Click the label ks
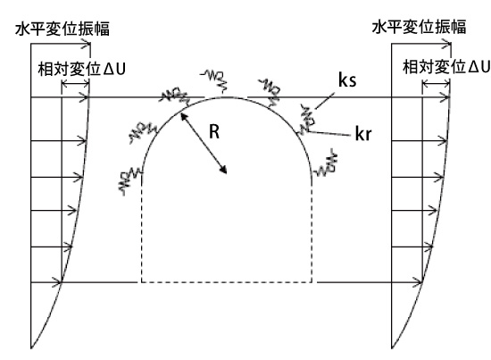tap(347, 80)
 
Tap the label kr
tap(363, 133)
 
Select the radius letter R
tap(214, 131)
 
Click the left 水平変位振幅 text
tap(62, 29)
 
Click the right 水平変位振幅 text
tap(420, 27)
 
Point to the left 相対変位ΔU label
tap(82, 69)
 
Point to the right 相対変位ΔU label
tap(446, 67)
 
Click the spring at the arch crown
tap(215, 80)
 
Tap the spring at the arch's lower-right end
tap(326, 164)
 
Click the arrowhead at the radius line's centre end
tap(223, 169)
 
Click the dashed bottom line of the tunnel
tap(227, 282)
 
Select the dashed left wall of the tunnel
tap(142, 228)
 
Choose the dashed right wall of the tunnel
tap(312, 228)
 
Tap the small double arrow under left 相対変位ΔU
tap(76, 84)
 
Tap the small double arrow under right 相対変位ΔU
tap(436, 84)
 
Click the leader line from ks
tap(324, 101)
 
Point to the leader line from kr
tap(329, 133)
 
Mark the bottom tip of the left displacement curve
tap(31, 348)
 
